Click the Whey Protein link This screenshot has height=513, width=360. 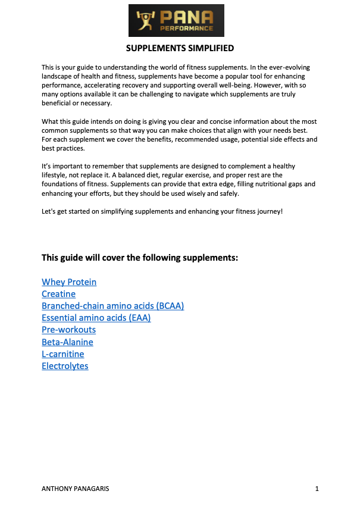tap(69, 282)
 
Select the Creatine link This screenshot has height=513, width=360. tap(58, 294)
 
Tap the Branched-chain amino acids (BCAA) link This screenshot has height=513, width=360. tap(112, 306)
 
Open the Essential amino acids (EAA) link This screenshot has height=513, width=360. tap(96, 318)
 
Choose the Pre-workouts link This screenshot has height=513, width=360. tap(68, 330)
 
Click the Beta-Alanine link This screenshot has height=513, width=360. tap(67, 342)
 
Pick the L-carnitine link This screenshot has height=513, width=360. tap(62, 354)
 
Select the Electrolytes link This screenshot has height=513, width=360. tap(65, 366)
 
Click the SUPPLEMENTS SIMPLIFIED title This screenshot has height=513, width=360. tap(180, 48)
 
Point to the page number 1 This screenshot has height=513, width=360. tap(317, 489)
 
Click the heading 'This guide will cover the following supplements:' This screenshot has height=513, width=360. tap(140, 258)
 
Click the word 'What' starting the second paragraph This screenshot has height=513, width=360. tap(51, 122)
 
